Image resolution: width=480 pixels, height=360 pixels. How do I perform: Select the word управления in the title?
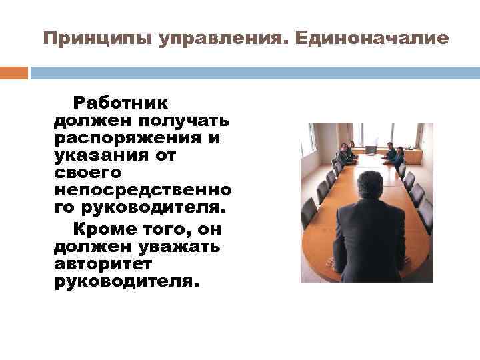coord(221,38)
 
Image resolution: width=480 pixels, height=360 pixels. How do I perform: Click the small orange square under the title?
coord(14,73)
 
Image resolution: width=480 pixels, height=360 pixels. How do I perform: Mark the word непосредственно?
coord(143,190)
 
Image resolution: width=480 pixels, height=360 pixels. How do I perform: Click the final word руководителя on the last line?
coord(125,281)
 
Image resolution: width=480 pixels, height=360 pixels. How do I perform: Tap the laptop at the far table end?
coord(371,149)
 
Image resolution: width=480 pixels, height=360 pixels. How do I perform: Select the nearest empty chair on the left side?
coord(309,212)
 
